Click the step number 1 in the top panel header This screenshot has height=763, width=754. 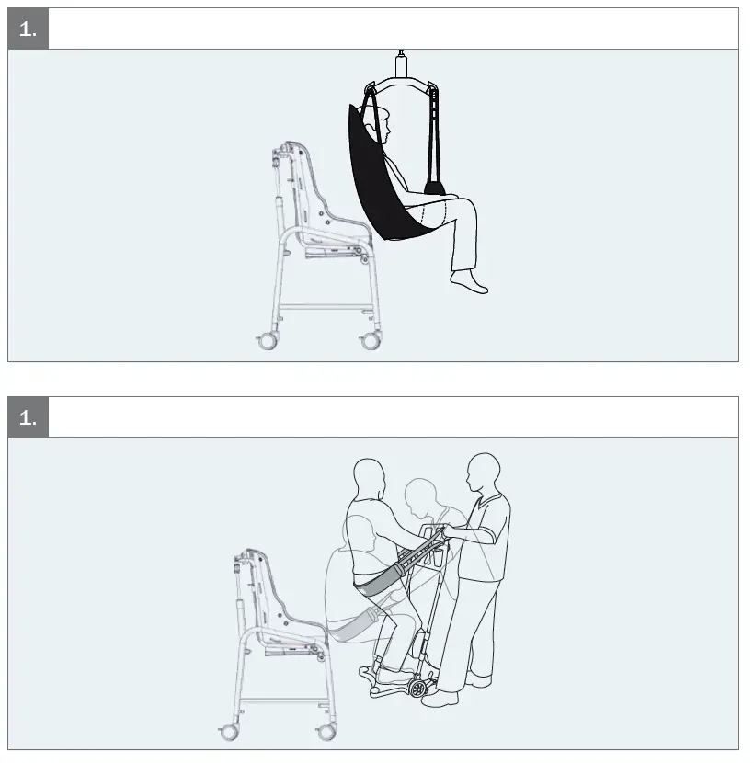tap(28, 28)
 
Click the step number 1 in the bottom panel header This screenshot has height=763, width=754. tap(28, 417)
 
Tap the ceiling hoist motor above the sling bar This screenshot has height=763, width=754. tap(400, 65)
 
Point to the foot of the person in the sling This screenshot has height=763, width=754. tap(470, 282)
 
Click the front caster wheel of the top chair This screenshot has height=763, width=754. tap(371, 341)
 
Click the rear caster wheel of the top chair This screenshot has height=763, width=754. tap(268, 341)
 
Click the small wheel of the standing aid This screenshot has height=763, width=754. tap(422, 688)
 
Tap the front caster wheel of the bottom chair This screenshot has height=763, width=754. tap(326, 733)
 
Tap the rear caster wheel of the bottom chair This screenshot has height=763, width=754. tap(228, 733)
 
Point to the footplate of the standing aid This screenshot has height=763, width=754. tap(391, 681)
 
